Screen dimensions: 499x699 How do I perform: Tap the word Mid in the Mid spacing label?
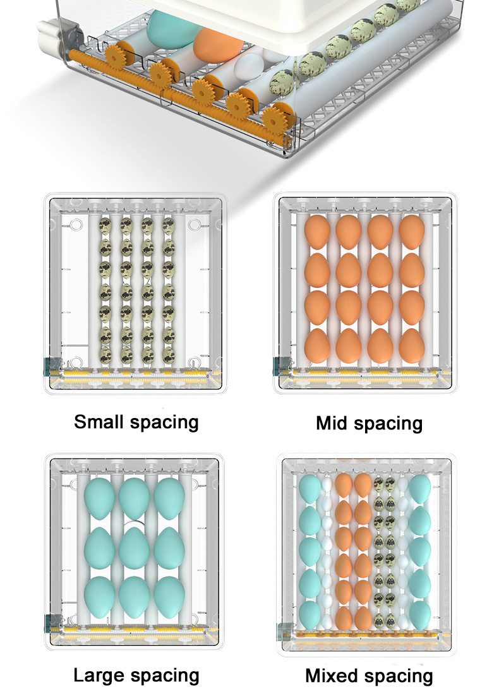pos(332,423)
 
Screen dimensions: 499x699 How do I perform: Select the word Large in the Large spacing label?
pos(99,676)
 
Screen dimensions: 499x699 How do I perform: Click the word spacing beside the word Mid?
pos(388,424)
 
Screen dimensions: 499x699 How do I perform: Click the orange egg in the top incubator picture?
pos(219,44)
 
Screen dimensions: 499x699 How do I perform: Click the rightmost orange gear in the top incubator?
pos(274,119)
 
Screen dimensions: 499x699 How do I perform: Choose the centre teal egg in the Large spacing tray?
pos(134,547)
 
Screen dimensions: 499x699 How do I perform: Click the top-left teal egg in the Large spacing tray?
pos(99,498)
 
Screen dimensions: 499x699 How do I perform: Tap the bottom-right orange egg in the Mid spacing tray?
pos(412,345)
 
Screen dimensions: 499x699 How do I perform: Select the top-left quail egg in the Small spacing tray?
pos(105,226)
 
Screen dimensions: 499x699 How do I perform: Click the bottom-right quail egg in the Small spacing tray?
pos(169,355)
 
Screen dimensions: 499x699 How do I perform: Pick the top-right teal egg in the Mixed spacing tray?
pos(419,489)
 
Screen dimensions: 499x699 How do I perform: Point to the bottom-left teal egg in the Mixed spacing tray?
pos(310,615)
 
